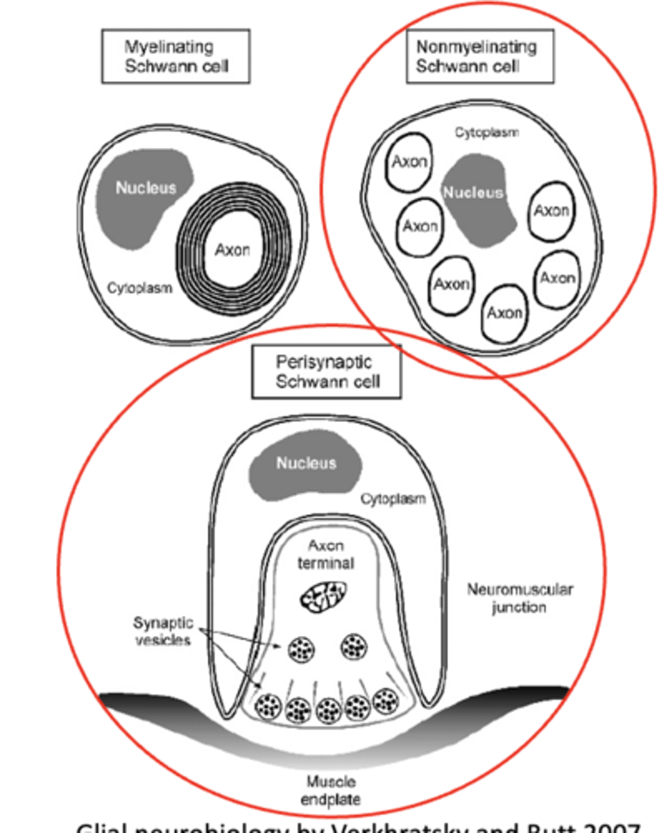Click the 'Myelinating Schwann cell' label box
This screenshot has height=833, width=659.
[x=176, y=57]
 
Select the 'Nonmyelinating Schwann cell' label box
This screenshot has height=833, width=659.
[x=480, y=57]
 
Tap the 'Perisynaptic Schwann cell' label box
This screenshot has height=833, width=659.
[x=326, y=372]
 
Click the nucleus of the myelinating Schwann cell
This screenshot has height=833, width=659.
[x=144, y=188]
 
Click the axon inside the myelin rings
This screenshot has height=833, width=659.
[x=232, y=251]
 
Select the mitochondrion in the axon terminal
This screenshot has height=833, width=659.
[x=324, y=595]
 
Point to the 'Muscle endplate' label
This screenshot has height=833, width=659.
[x=330, y=790]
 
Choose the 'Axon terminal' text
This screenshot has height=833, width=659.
[x=325, y=554]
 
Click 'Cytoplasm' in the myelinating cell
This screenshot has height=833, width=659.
[x=139, y=287]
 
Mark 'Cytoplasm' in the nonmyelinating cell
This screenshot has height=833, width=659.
[x=486, y=132]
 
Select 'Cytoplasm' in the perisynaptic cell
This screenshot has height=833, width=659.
[x=393, y=498]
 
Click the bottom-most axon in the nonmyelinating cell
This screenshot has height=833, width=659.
[x=504, y=313]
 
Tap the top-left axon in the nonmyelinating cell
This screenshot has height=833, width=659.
[x=409, y=162]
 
